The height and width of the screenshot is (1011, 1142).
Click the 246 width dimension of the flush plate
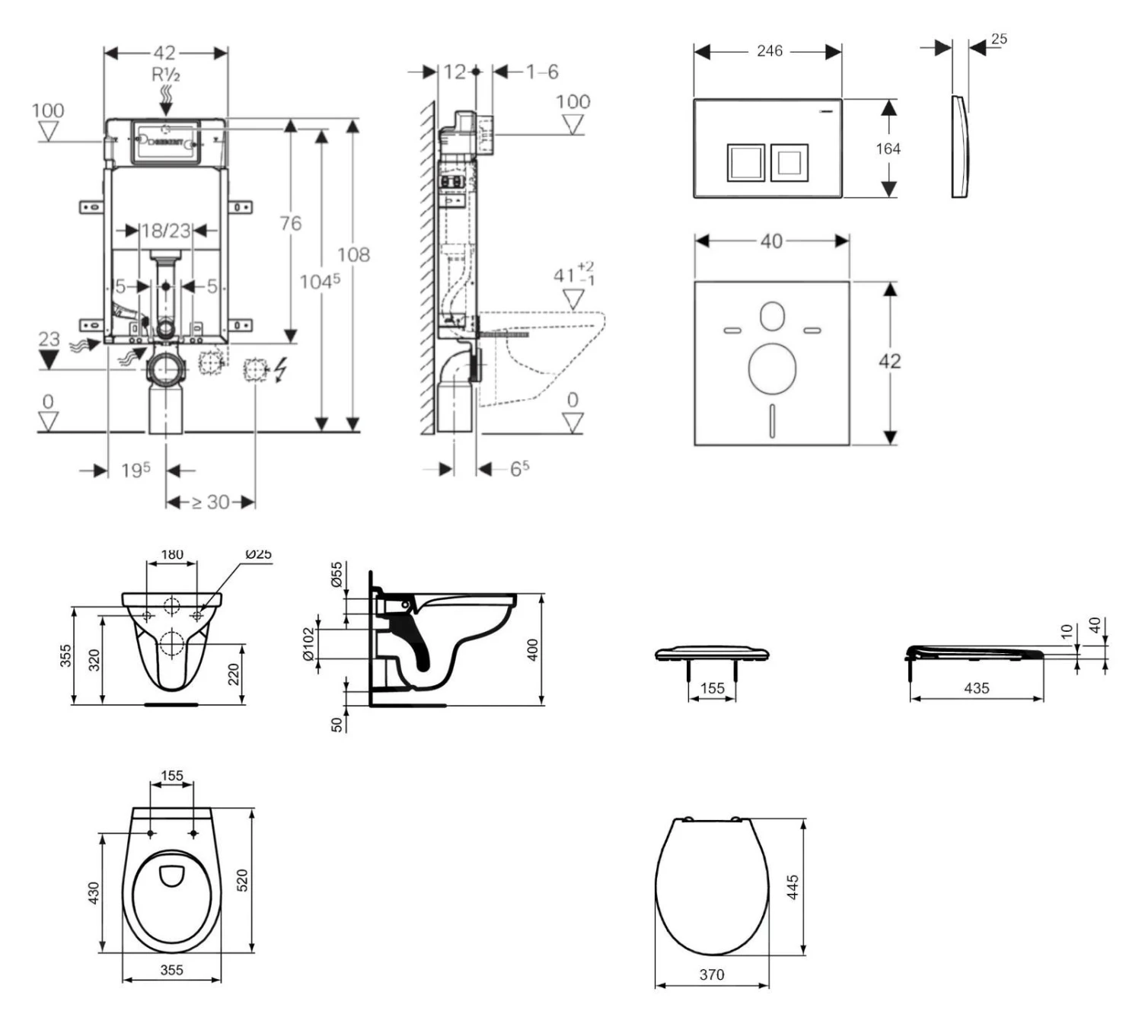(769, 51)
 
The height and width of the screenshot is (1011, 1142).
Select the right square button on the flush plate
(789, 162)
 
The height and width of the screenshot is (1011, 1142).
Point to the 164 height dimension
(888, 149)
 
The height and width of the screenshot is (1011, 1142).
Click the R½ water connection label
(166, 75)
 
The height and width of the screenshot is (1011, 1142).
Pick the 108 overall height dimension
(353, 254)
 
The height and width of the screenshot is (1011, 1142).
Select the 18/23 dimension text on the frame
(166, 230)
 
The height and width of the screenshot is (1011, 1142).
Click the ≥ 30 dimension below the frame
(211, 502)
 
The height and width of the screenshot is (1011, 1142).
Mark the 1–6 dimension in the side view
(541, 72)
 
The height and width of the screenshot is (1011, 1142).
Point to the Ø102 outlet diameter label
(308, 644)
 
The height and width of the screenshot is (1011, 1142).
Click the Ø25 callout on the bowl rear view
(258, 554)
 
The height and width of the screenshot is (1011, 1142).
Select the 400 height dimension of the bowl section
(533, 649)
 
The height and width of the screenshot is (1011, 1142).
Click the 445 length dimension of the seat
(793, 887)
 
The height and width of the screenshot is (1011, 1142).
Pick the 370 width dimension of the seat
(712, 974)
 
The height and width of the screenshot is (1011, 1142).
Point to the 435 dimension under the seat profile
(976, 688)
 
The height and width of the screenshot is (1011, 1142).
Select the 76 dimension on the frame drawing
(290, 223)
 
